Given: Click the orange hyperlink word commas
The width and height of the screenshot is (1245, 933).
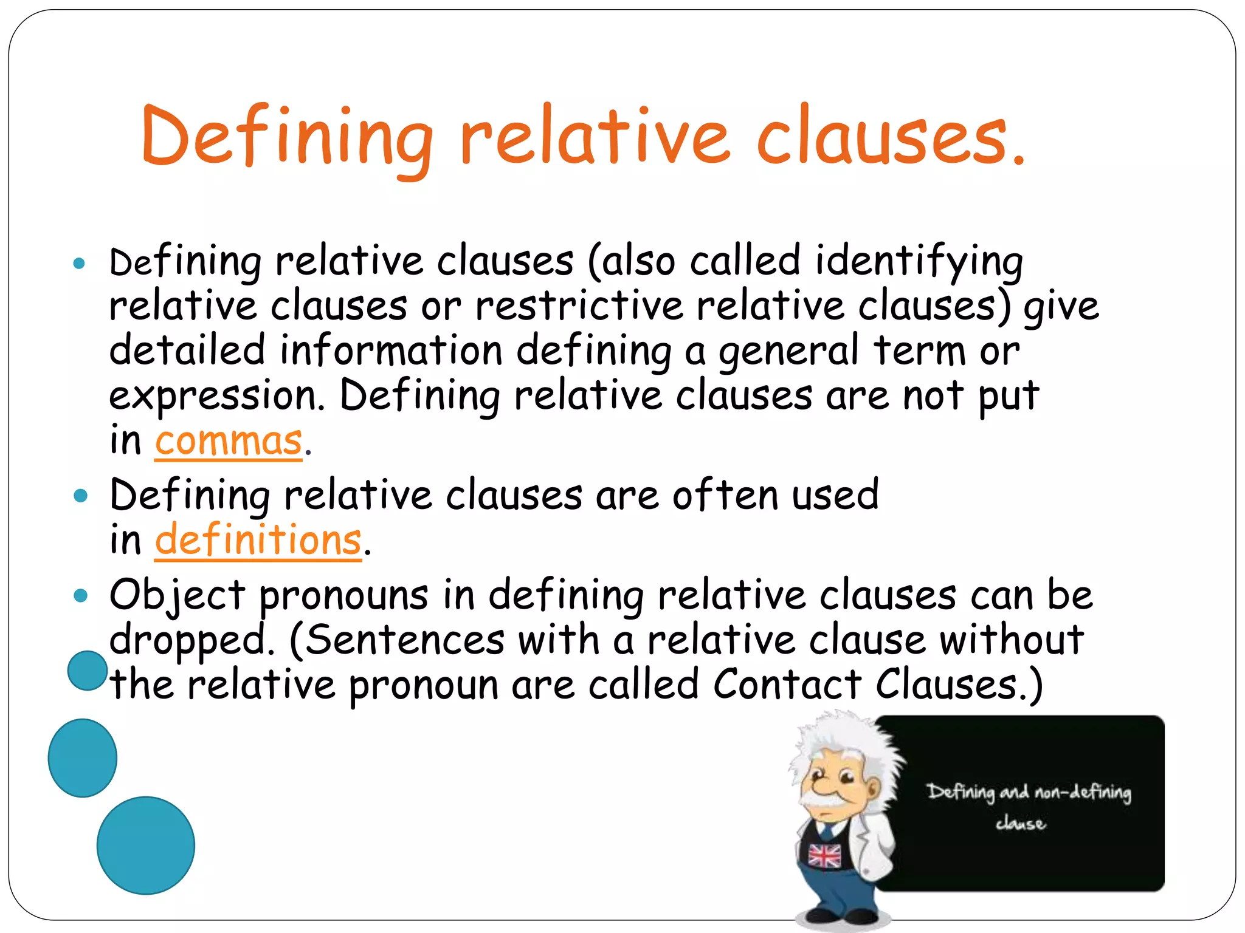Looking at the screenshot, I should pos(228,442).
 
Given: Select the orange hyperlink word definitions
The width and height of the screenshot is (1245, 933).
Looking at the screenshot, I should pos(258,540).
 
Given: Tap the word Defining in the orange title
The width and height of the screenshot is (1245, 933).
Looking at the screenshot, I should pos(286,137).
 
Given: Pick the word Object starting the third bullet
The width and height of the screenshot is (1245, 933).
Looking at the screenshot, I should pos(177,596).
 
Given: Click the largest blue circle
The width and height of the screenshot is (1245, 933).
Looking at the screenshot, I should pos(146,845).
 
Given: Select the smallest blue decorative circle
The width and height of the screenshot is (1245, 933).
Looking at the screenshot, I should pos(88,671).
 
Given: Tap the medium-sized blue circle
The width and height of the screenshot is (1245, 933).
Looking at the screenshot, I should pos(82,757).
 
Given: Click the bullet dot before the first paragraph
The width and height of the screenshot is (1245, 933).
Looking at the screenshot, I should pos(79,264).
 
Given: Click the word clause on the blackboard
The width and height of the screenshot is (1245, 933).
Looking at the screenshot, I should pos(1021,824).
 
